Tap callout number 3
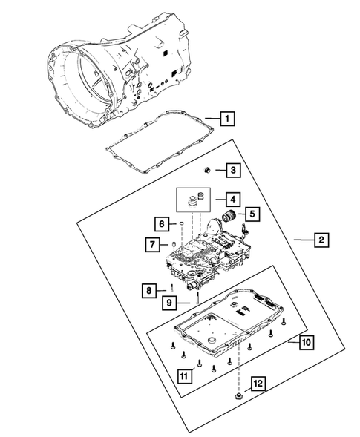pyautogui.click(x=233, y=171)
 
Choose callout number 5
pyautogui.click(x=252, y=214)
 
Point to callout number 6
pyautogui.click(x=161, y=223)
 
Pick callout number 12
pyautogui.click(x=257, y=384)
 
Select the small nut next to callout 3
pyautogui.click(x=210, y=170)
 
